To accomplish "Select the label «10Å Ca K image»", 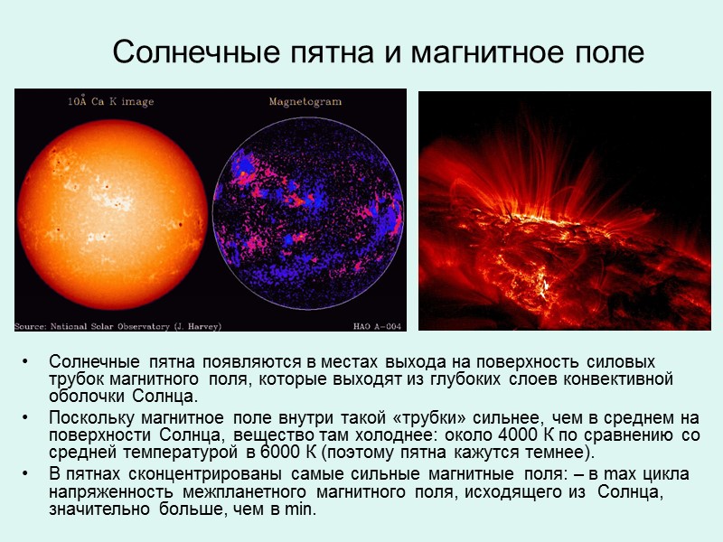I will click(110, 102).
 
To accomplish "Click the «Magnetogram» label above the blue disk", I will click(302, 102).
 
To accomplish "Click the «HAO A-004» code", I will click(376, 325).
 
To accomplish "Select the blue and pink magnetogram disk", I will click(306, 213).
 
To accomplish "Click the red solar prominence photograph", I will click(565, 210).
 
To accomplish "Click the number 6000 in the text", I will click(277, 453).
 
